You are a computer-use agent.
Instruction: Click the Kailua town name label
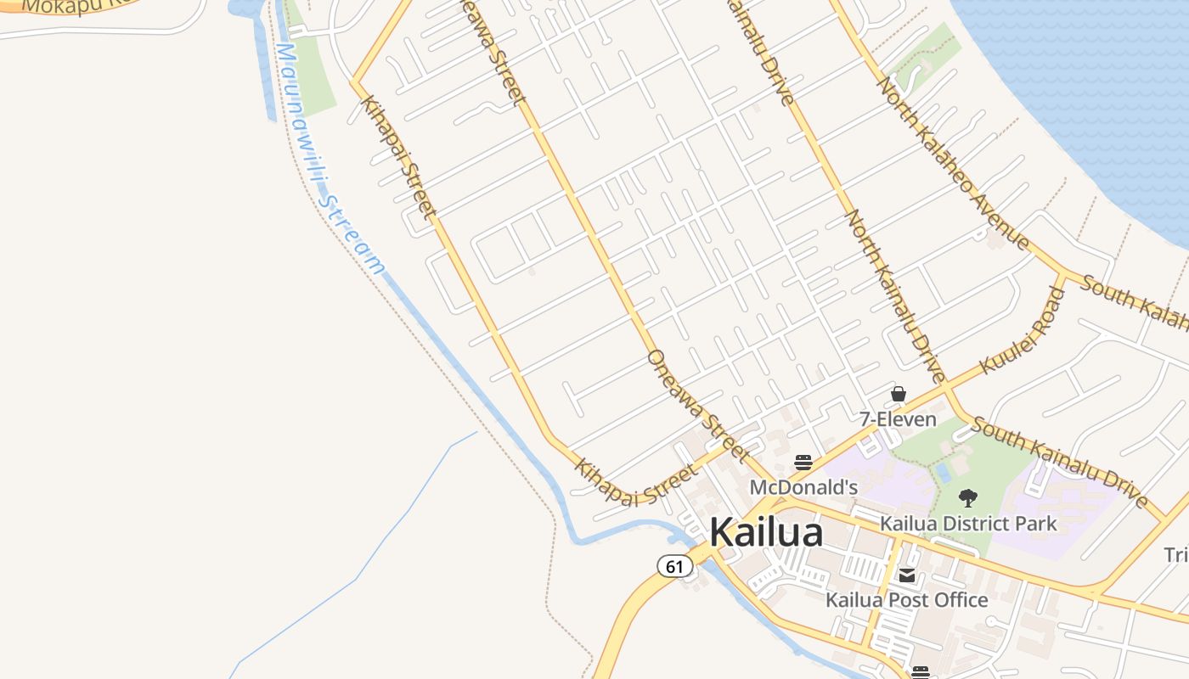[x=766, y=533]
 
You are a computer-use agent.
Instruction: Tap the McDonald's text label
[x=803, y=488]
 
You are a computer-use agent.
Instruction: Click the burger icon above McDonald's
[x=803, y=463]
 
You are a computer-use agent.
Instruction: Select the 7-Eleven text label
[x=898, y=419]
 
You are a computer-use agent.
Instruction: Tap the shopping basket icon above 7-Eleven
[x=898, y=394]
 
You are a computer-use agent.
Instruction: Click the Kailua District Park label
[x=968, y=523]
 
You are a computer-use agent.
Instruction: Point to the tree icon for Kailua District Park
[x=967, y=498]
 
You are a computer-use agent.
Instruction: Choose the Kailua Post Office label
[x=907, y=600]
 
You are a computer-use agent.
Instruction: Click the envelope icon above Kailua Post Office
[x=907, y=576]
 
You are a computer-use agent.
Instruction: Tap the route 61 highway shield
[x=674, y=566]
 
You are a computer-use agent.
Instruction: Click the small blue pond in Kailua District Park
[x=942, y=473]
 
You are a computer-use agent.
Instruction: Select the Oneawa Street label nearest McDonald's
[x=697, y=405]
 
